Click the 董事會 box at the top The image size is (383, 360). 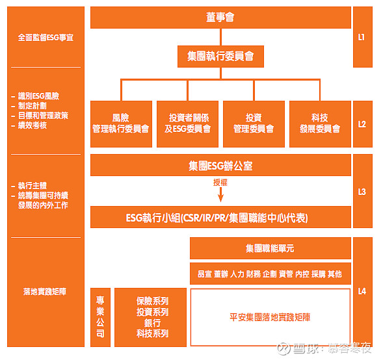pyautogui.click(x=220, y=18)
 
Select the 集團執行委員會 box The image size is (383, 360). pyautogui.click(x=220, y=57)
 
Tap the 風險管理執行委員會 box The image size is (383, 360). pyautogui.click(x=121, y=123)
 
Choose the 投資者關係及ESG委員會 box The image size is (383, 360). pyautogui.click(x=187, y=123)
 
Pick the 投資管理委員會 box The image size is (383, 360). pyautogui.click(x=254, y=123)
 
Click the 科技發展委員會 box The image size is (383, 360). pyautogui.click(x=320, y=123)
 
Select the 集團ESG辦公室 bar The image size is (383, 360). pyautogui.click(x=220, y=165)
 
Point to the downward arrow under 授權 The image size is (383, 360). pyautogui.click(x=220, y=195)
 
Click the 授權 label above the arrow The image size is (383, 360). pyautogui.click(x=220, y=183)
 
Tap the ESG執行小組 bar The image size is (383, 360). pyautogui.click(x=220, y=217)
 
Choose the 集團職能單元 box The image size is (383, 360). pyautogui.click(x=271, y=248)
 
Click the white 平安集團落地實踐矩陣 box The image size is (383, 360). pyautogui.click(x=271, y=317)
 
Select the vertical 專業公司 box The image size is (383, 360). pyautogui.click(x=100, y=317)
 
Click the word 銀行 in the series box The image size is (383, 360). pyautogui.click(x=152, y=323)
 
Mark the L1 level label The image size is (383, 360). pyautogui.click(x=362, y=37)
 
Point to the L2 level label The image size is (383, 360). pyautogui.click(x=362, y=124)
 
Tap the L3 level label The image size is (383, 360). pyautogui.click(x=362, y=192)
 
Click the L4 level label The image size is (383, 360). pyautogui.click(x=362, y=291)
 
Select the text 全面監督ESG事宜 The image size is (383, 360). pyautogui.click(x=46, y=37)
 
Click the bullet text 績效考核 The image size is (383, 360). pyautogui.click(x=33, y=125)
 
